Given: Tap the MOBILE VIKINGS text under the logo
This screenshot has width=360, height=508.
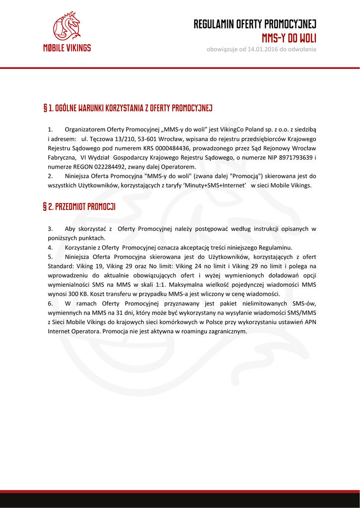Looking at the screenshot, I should pos(67,48).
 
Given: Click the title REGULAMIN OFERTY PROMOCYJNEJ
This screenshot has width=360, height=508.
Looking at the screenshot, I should pos(255,24).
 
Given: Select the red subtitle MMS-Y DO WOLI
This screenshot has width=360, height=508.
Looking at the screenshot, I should pos(289,38).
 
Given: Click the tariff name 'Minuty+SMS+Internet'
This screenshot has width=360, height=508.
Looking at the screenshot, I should pos(212,185).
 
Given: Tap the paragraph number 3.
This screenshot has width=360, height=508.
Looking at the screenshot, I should pos(50,229).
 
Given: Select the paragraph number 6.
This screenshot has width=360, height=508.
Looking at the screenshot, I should pos(50,303).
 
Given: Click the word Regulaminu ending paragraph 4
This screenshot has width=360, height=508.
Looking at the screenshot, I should pos(275,247).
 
